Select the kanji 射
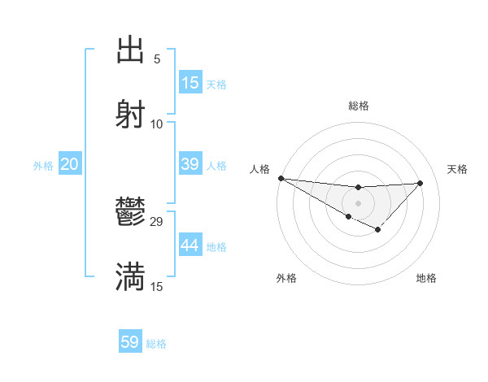click(x=131, y=114)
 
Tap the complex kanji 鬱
click(x=131, y=214)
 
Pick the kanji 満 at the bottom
click(x=131, y=277)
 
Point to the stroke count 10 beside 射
click(x=157, y=124)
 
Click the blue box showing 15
click(x=190, y=83)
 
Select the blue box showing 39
click(x=190, y=164)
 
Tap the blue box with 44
click(x=190, y=245)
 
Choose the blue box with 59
click(x=130, y=342)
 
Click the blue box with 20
click(x=70, y=164)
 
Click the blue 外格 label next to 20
click(x=43, y=165)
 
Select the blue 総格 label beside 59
click(x=156, y=344)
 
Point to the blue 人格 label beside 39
click(x=216, y=165)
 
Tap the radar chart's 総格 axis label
click(x=359, y=106)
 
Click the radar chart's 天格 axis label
click(x=457, y=169)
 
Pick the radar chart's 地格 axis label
click(x=426, y=278)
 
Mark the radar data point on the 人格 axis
click(x=281, y=178)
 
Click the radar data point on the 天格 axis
click(x=420, y=183)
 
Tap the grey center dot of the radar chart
click(x=358, y=202)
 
